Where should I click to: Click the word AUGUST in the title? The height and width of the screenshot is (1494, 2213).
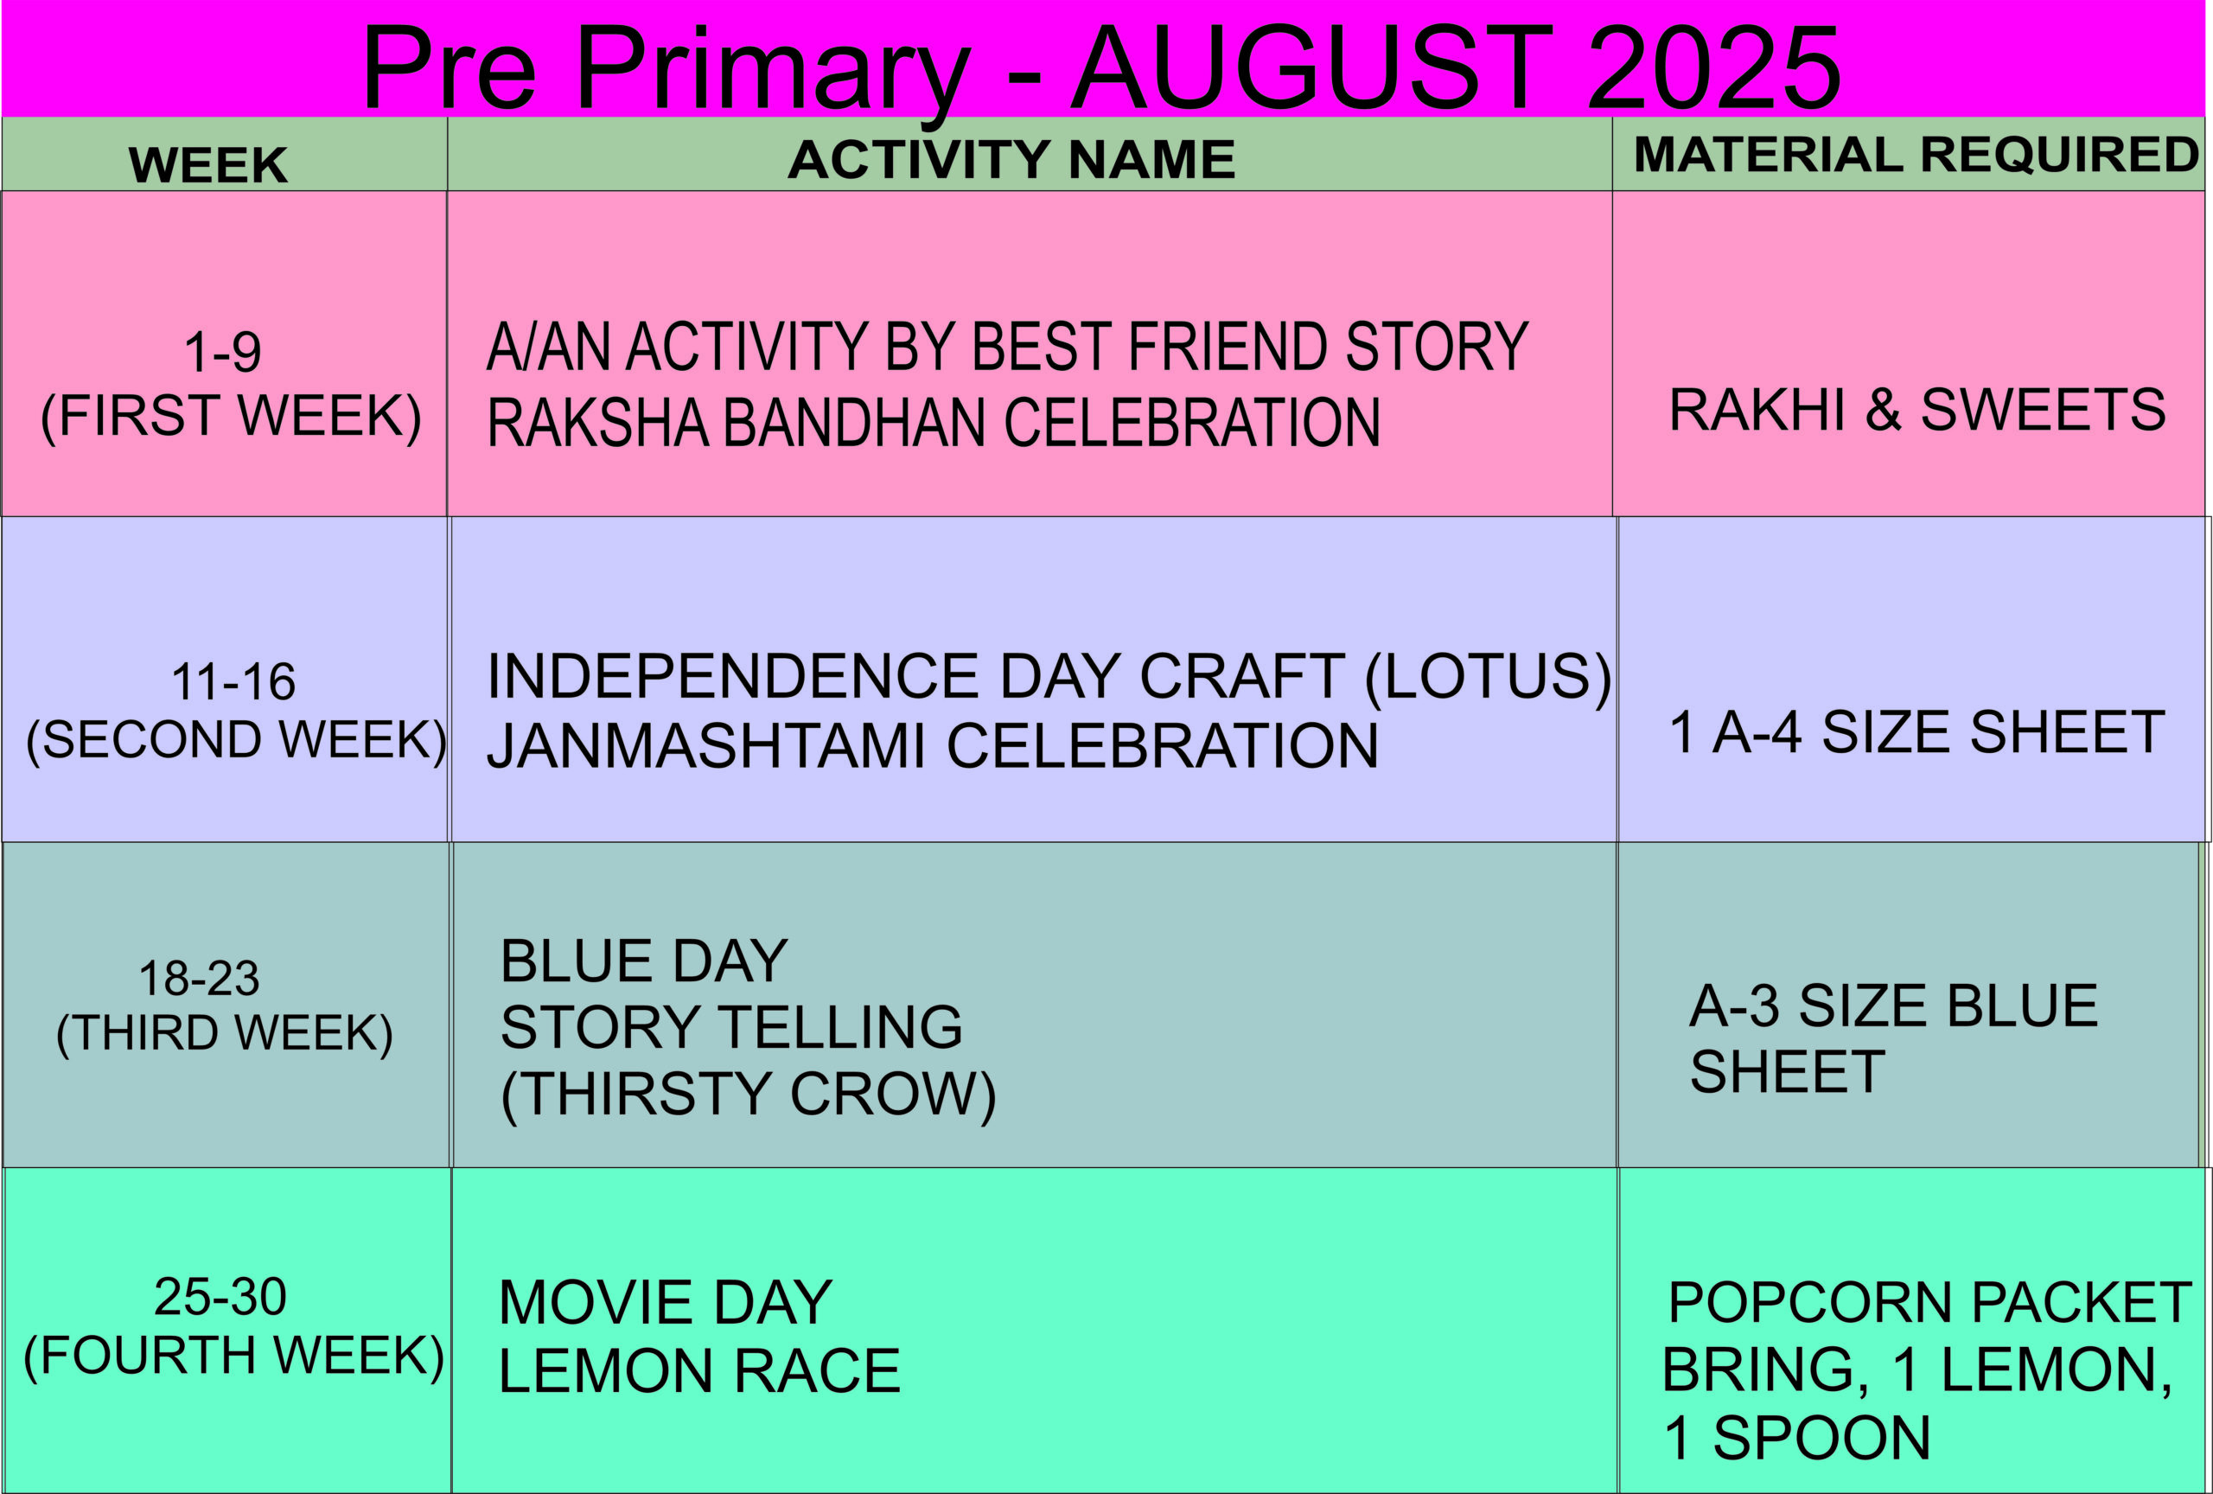click(x=1312, y=67)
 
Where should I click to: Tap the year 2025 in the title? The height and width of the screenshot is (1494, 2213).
click(x=1714, y=67)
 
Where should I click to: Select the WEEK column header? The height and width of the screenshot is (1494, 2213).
click(x=207, y=165)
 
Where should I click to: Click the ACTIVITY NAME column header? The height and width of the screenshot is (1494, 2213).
click(x=1011, y=159)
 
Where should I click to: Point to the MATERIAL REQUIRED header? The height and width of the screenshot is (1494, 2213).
click(x=1916, y=154)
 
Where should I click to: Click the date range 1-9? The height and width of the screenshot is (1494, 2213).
click(x=223, y=352)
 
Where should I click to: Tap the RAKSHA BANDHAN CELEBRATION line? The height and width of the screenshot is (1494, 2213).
click(x=934, y=423)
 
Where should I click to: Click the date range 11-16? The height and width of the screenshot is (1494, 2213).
click(x=233, y=682)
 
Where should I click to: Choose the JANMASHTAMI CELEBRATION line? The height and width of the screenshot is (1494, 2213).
click(x=932, y=744)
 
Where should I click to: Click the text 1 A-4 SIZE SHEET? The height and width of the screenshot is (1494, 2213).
click(x=1916, y=732)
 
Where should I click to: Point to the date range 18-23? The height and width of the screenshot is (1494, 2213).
click(x=199, y=978)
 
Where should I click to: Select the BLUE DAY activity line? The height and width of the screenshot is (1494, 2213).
click(x=644, y=961)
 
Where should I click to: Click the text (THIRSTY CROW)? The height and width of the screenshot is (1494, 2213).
click(x=749, y=1093)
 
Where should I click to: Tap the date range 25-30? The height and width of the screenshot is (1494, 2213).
click(x=220, y=1297)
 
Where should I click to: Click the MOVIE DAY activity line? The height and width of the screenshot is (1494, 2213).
click(x=665, y=1303)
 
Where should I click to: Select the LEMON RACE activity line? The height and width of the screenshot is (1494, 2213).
click(x=699, y=1371)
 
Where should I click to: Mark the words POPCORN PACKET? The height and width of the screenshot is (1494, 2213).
click(x=1930, y=1302)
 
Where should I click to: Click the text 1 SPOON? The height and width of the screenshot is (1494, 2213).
click(x=1797, y=1438)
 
